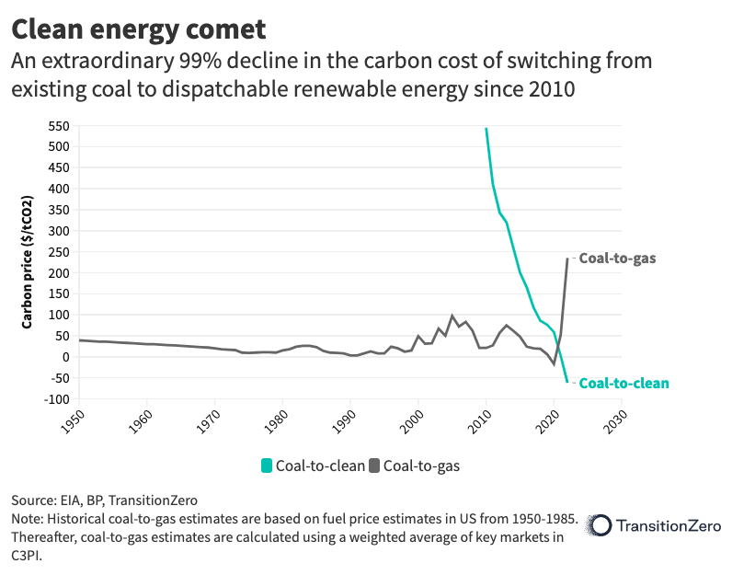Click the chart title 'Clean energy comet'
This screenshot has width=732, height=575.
[138, 29]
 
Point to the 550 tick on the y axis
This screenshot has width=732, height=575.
[58, 125]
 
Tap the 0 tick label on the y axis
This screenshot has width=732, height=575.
[64, 357]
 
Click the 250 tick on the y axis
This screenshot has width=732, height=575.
[58, 252]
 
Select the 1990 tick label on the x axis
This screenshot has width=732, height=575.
[344, 421]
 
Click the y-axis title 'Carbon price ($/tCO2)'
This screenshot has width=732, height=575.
[28, 262]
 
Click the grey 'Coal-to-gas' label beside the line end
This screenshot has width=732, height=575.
[616, 259]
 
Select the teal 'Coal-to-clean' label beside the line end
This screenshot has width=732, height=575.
[623, 383]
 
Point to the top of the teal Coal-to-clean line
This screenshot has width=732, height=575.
[486, 129]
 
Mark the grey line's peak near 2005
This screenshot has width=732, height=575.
[452, 316]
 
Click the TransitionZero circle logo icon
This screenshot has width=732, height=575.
[600, 525]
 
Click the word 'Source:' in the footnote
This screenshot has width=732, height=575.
[35, 500]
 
